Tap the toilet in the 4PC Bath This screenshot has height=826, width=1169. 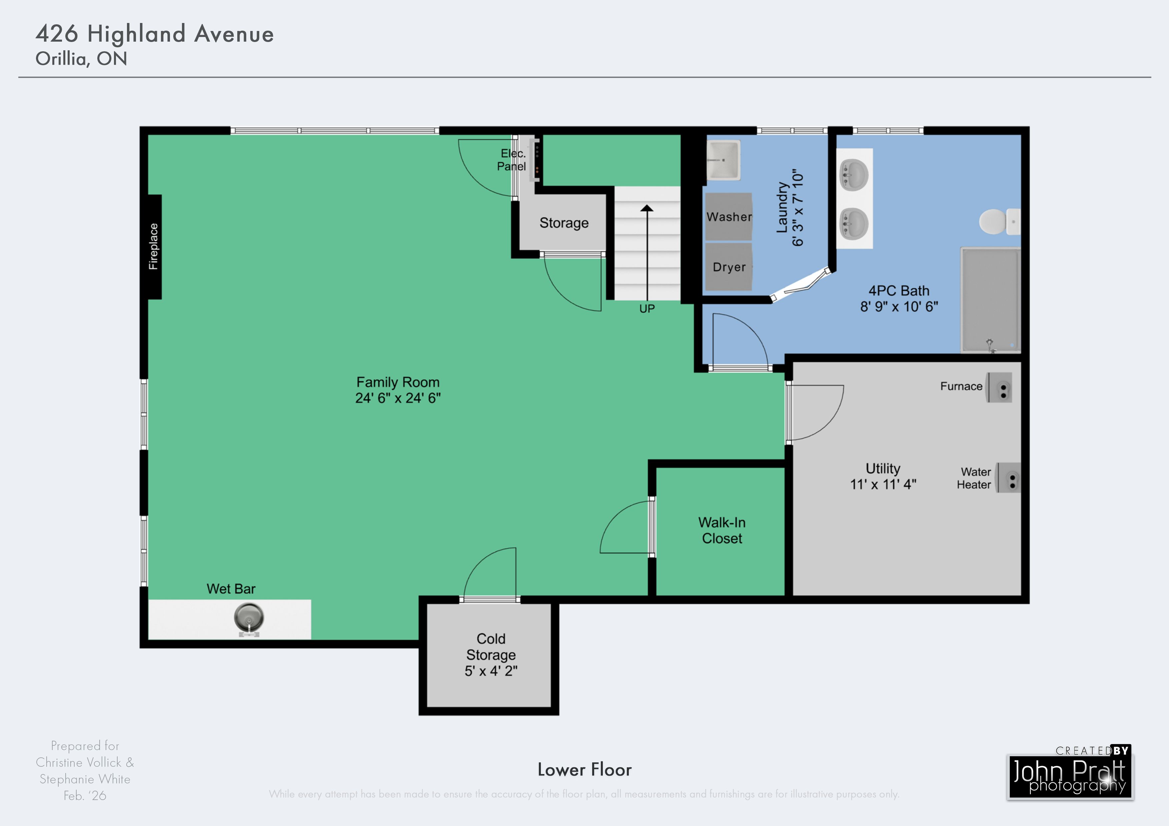pyautogui.click(x=999, y=222)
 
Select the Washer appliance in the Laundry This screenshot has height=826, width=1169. pyautogui.click(x=728, y=216)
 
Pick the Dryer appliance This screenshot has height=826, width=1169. pyautogui.click(x=728, y=267)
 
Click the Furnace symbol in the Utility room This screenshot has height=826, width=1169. pyautogui.click(x=999, y=387)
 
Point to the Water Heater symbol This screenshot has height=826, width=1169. pyautogui.click(x=1009, y=478)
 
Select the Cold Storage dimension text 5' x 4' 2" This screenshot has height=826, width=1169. pyautogui.click(x=491, y=671)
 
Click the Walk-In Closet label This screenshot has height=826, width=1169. pyautogui.click(x=722, y=530)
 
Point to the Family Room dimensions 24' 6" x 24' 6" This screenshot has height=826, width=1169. pyautogui.click(x=398, y=398)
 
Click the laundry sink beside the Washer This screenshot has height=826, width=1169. pyautogui.click(x=723, y=160)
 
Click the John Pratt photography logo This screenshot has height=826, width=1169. pyautogui.click(x=1070, y=774)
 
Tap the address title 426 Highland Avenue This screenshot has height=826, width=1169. pyautogui.click(x=155, y=34)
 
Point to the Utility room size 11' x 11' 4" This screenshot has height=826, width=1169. pyautogui.click(x=883, y=484)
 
